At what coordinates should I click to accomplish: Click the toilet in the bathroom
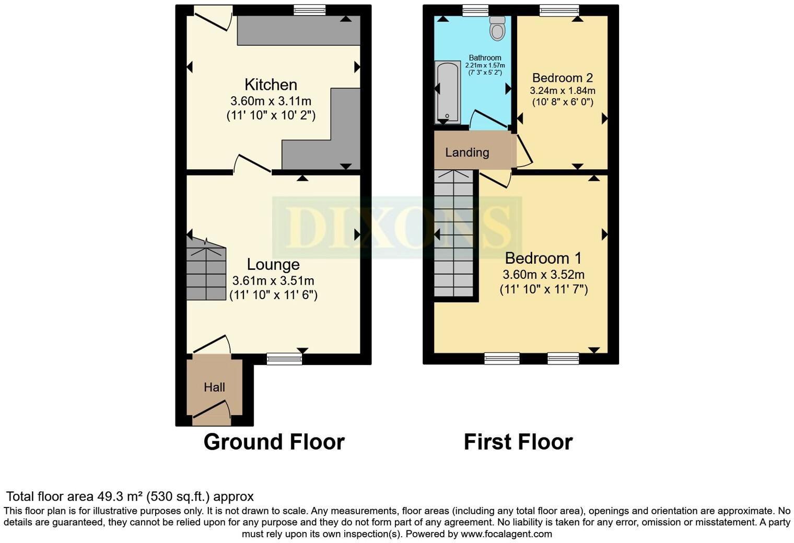click(497, 29)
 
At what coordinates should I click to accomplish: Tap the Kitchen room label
click(271, 85)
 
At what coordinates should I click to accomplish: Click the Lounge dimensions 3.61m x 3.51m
click(273, 281)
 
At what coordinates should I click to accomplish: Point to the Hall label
click(214, 387)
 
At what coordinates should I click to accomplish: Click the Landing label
click(467, 152)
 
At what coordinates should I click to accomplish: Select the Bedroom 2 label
click(562, 78)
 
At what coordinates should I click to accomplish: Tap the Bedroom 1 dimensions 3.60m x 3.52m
click(543, 275)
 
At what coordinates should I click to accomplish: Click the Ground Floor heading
click(274, 442)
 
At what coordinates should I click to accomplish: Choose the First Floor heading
click(518, 442)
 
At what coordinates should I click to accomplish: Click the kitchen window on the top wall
click(309, 10)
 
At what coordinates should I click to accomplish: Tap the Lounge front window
click(284, 358)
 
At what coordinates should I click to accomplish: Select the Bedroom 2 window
click(559, 10)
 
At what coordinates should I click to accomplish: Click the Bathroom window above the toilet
click(475, 10)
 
